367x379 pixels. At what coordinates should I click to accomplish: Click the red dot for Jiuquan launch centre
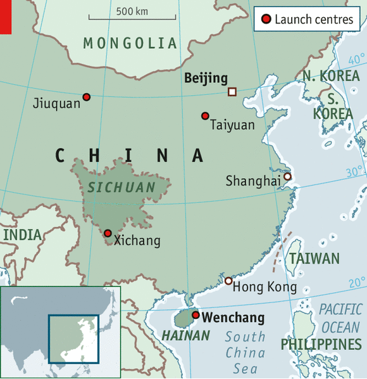(87, 97)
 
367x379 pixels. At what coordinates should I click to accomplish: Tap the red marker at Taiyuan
(205, 116)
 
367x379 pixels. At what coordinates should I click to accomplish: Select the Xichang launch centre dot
(108, 233)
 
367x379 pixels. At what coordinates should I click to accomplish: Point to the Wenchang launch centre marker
(196, 315)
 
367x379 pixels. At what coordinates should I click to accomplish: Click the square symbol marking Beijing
(232, 92)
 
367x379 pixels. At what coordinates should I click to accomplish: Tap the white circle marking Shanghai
(287, 177)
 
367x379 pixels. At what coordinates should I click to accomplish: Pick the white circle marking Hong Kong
(228, 280)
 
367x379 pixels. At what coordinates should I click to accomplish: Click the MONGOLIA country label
(130, 43)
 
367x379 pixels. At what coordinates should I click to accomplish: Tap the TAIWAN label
(314, 259)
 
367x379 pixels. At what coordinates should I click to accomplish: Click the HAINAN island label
(185, 335)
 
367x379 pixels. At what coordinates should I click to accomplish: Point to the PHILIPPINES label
(321, 344)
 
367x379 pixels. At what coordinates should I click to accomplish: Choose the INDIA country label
(22, 234)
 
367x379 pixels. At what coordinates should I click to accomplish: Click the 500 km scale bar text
(132, 11)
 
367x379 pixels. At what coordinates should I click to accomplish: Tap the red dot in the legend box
(266, 20)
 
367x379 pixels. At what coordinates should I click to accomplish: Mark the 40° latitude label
(356, 60)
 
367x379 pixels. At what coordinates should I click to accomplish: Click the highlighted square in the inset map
(74, 337)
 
